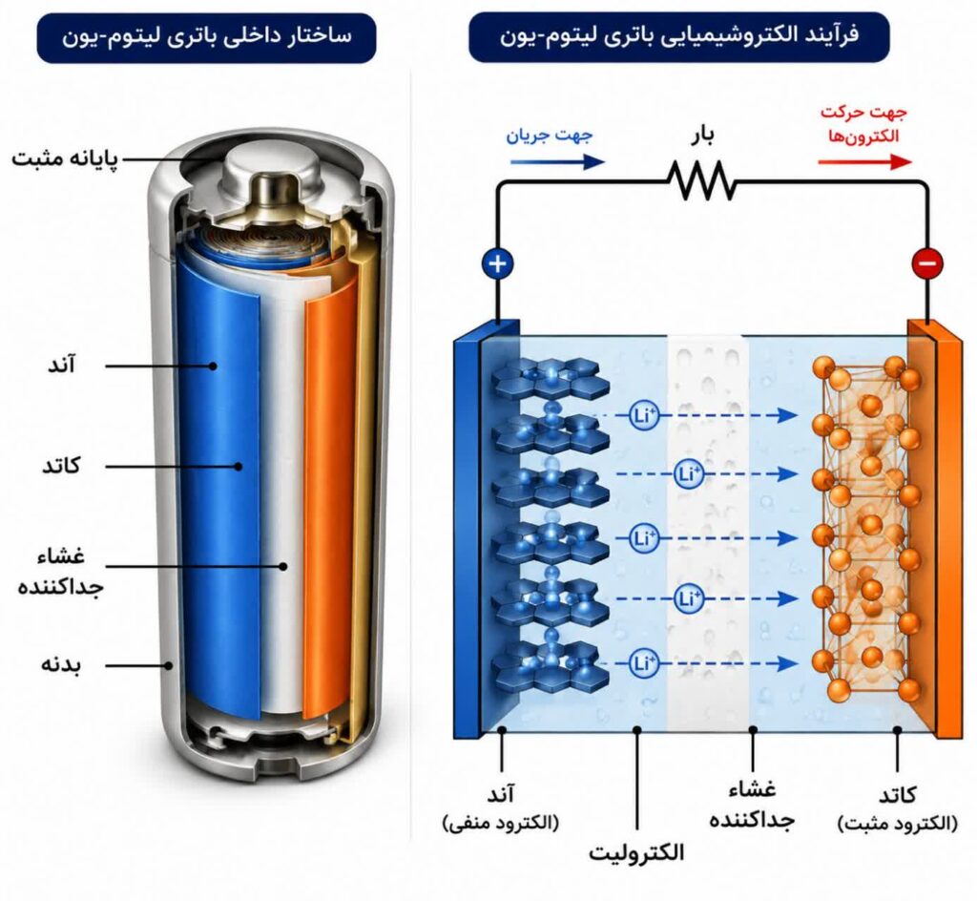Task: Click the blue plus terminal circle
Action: click(x=497, y=263)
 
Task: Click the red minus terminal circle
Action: click(x=927, y=262)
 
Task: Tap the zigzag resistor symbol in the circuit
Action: click(x=702, y=180)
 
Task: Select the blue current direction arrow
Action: click(x=557, y=162)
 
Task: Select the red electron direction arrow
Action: click(x=864, y=162)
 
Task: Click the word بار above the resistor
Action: click(x=702, y=135)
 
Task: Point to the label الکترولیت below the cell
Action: click(x=636, y=851)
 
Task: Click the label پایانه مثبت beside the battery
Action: click(x=65, y=158)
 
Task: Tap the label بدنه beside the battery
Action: click(x=61, y=664)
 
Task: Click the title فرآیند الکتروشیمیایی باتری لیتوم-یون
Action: click(x=679, y=35)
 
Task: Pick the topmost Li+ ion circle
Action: click(x=643, y=415)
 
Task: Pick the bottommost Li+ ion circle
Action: click(x=643, y=663)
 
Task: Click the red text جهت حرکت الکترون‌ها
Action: click(x=863, y=124)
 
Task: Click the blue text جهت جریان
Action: click(x=549, y=135)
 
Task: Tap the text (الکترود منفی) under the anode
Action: click(x=500, y=823)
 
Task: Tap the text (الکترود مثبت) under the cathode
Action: click(x=897, y=824)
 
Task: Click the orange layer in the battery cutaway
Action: click(x=330, y=498)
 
